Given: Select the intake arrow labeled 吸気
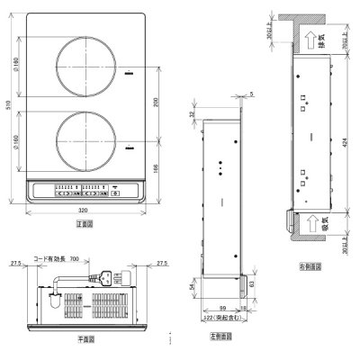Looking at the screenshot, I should click(x=310, y=220).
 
